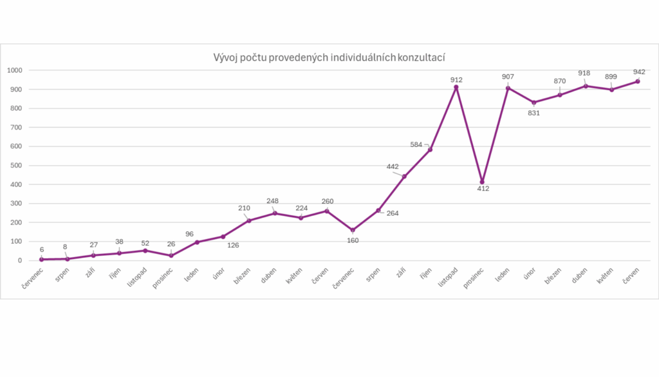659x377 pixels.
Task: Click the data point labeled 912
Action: pyautogui.click(x=456, y=87)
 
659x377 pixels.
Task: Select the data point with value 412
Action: pyautogui.click(x=482, y=182)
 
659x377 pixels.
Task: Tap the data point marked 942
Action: pyautogui.click(x=638, y=81)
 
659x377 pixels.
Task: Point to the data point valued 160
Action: pyautogui.click(x=353, y=230)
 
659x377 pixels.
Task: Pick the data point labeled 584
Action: pyautogui.click(x=430, y=150)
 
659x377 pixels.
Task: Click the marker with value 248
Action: pyautogui.click(x=275, y=213)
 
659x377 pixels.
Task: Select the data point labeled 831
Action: pyautogui.click(x=534, y=102)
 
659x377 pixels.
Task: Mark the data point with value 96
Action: pyautogui.click(x=197, y=242)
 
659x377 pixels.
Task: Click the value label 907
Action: pyautogui.click(x=508, y=77)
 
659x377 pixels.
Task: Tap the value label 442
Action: pyautogui.click(x=393, y=167)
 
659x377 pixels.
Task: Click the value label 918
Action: pyautogui.click(x=584, y=73)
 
